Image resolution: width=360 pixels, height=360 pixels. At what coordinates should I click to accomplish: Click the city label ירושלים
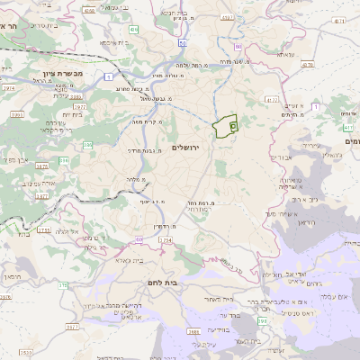point(191,147)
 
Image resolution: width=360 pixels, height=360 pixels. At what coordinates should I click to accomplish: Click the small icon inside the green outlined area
point(232,126)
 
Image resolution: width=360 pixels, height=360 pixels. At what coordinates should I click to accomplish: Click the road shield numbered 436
point(133,30)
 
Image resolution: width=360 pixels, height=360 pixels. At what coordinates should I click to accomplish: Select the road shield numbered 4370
point(307,63)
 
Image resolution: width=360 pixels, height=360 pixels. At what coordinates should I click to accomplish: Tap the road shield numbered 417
point(347,129)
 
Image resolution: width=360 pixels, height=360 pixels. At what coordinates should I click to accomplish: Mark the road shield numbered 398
point(263,321)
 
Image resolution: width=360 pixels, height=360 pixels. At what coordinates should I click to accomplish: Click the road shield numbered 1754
point(166,240)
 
